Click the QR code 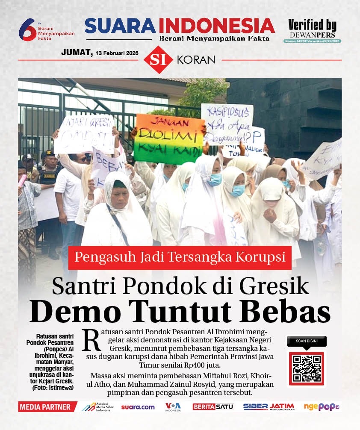coord(306,368)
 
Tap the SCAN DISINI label coord(306,341)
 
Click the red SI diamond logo coord(159,60)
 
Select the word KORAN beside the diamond coord(196,60)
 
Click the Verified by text coord(312,25)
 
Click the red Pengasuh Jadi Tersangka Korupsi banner coord(180,258)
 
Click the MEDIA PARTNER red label coord(45,407)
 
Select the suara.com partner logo coord(138,407)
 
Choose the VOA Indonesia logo coord(173,407)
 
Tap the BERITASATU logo coord(213,407)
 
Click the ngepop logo coord(322,407)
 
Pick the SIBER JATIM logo coord(269,407)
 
